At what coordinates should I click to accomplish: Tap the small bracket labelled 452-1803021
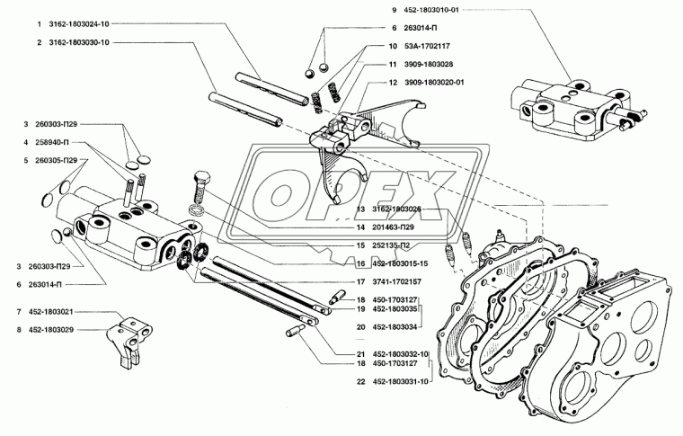tap(131, 334)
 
